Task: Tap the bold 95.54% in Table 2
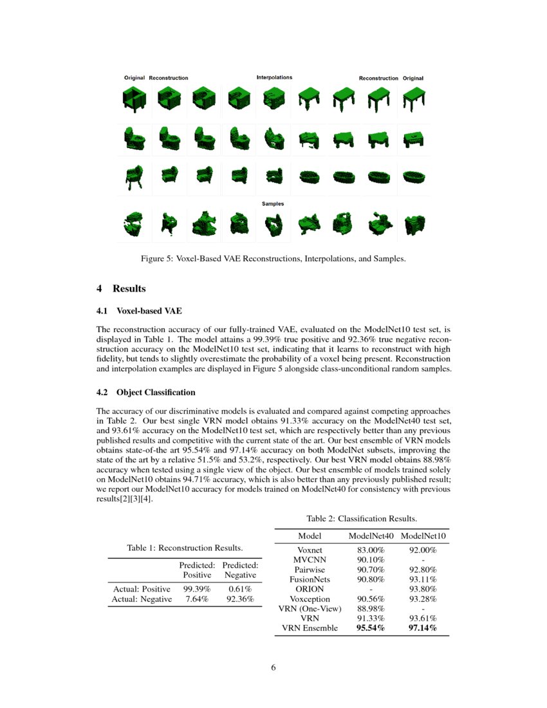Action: [371, 628]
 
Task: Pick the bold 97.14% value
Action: [422, 628]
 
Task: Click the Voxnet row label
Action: [310, 550]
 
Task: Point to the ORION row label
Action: [310, 589]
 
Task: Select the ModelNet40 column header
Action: [371, 536]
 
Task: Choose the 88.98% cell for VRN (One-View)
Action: [371, 608]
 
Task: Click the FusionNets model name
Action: [310, 579]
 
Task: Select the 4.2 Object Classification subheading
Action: [145, 392]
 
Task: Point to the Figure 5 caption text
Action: [273, 259]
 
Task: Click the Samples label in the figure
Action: [273, 203]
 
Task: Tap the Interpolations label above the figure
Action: [274, 77]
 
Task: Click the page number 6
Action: [273, 667]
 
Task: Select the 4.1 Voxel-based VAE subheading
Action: [139, 312]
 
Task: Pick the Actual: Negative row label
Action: [142, 599]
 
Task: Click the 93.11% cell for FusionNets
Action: [423, 579]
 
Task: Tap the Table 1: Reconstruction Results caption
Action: [185, 548]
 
